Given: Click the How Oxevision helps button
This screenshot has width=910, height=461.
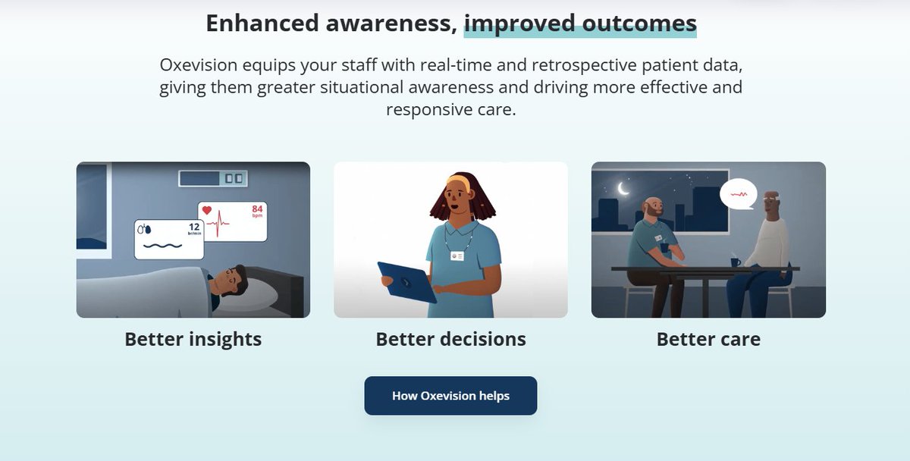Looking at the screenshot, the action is pos(450,396).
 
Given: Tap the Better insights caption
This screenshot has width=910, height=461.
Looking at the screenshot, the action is pos(193,340).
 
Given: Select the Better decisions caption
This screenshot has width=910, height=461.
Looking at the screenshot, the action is pos(450,339).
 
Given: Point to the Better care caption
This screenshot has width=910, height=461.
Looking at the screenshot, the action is pos(708,339).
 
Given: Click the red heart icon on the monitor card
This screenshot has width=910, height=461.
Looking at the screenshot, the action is pos(207,210).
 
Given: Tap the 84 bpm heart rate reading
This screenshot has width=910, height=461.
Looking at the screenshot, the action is pos(257,211).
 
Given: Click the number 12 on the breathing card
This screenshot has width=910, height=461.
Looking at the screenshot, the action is pos(194,227).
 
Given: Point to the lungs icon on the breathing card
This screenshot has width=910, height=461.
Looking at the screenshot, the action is pos(144,230).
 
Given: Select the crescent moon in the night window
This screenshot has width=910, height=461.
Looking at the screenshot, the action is pos(623,189).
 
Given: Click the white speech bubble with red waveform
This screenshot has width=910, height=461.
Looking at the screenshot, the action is pos(738,194).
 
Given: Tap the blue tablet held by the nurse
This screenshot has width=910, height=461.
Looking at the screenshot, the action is pos(406,282).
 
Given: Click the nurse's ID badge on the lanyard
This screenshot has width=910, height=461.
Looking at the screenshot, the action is pos(457,256).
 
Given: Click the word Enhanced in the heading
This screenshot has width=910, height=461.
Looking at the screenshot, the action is pos(262,24).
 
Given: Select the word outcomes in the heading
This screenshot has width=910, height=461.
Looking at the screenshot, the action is pos(639,24).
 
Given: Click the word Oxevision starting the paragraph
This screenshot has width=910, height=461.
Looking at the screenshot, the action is pos(198,65).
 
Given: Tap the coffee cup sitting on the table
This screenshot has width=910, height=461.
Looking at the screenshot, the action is pos(736,262).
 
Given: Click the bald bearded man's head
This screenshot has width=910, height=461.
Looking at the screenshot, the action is pos(653,207).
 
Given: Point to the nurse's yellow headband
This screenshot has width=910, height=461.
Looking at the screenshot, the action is pos(458,181).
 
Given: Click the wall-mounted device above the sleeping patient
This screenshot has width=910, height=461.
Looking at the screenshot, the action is pos(213,178).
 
